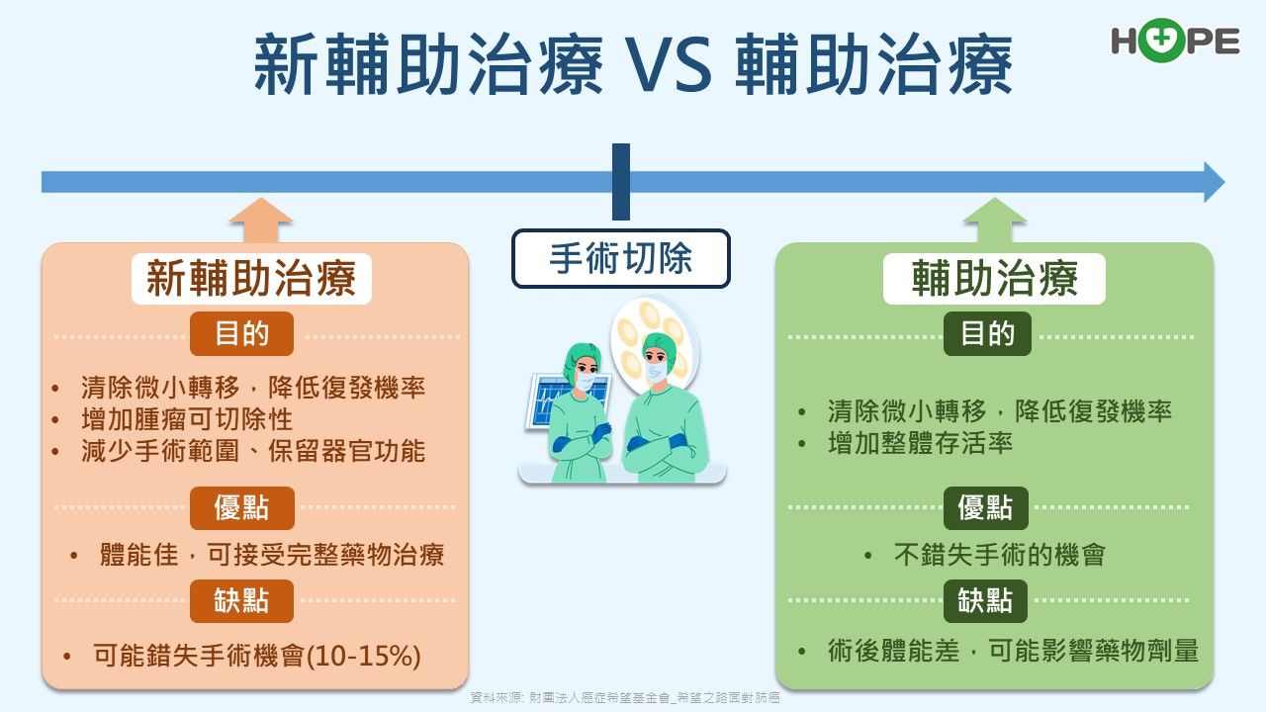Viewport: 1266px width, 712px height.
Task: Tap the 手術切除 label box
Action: [620, 258]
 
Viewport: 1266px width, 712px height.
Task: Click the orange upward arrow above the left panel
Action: [260, 220]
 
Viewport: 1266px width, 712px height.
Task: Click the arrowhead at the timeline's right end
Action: [1214, 182]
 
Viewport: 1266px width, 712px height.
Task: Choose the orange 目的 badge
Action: [241, 333]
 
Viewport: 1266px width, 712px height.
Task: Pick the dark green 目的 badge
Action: [987, 333]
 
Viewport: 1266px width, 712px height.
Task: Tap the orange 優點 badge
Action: [241, 508]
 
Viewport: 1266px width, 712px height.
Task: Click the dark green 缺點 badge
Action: [985, 600]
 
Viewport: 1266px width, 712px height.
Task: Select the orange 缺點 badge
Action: [241, 600]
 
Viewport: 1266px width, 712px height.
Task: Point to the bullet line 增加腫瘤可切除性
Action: [187, 419]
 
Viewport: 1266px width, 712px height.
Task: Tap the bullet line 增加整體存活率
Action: [920, 443]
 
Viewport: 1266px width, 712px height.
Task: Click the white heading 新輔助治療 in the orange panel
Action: [251, 279]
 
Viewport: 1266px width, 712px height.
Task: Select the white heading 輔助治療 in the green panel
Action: [994, 279]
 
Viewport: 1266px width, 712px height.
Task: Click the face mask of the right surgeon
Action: [656, 371]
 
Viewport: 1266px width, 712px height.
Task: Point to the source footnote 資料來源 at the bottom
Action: [624, 698]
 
